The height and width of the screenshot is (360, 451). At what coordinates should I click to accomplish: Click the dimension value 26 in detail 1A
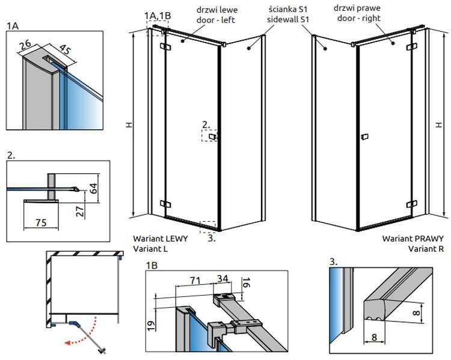25,44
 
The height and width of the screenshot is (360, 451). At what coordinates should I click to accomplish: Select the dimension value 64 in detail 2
93,188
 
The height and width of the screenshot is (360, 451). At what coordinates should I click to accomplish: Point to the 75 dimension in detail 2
41,222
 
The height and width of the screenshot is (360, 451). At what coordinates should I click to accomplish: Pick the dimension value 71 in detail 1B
195,280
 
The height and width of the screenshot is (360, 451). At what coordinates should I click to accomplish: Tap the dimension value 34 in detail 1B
222,278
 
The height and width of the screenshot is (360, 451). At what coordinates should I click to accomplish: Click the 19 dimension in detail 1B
151,325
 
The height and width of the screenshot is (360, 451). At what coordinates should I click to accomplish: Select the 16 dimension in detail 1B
247,282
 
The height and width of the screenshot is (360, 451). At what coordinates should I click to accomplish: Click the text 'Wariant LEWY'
161,239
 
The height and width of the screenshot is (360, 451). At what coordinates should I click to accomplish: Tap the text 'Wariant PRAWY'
413,239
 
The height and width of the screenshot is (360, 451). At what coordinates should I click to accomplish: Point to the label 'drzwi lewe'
217,10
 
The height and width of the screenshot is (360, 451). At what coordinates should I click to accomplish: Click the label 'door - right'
359,18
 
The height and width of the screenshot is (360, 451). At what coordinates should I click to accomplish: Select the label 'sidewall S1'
288,19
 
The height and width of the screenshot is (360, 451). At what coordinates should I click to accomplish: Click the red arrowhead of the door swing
68,343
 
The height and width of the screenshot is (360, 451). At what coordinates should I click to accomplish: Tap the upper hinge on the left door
165,46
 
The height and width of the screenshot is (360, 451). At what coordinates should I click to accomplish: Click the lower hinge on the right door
412,204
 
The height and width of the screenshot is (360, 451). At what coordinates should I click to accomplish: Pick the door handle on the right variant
364,137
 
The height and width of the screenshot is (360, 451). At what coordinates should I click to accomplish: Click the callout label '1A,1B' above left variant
158,16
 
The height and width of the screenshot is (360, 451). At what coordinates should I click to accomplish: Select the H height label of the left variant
129,125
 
